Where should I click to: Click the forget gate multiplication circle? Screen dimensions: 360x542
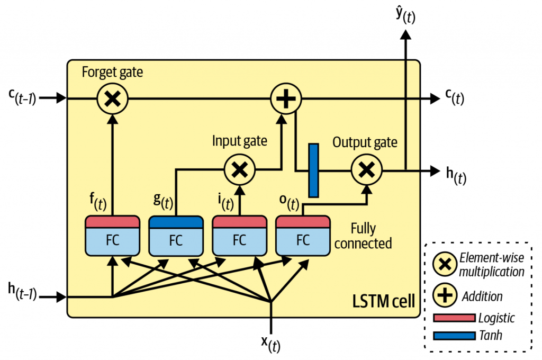(112, 98)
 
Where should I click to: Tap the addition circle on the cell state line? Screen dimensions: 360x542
(286, 98)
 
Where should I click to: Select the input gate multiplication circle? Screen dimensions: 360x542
(240, 170)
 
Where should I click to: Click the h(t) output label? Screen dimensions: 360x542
(454, 173)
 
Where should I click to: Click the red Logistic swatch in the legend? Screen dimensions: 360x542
(454, 318)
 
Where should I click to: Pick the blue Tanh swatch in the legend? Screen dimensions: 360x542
(454, 336)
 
